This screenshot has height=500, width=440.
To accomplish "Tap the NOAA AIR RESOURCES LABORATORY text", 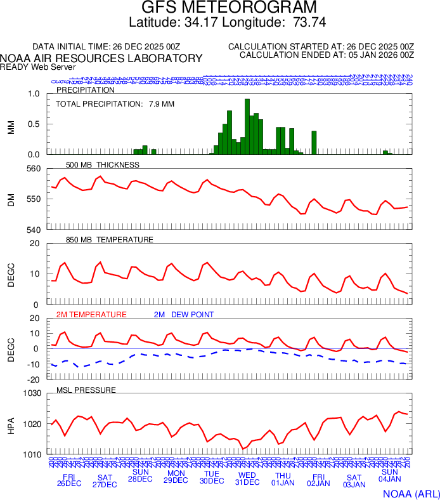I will tap(101, 58).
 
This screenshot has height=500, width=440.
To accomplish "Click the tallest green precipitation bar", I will tap(247, 127).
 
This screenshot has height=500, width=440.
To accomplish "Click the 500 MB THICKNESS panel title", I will tap(102, 165).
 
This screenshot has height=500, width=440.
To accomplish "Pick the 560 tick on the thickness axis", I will tap(33, 169).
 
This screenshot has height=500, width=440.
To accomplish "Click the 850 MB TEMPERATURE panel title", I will tap(109, 240).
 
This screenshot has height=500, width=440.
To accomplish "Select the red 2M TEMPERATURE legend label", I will tap(91, 315).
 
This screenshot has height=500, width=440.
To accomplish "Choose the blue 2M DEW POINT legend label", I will tap(183, 315).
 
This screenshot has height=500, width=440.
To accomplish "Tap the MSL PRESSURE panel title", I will tap(86, 390).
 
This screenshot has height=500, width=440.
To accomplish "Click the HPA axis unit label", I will tap(11, 424).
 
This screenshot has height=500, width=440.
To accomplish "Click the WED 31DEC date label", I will tap(247, 479).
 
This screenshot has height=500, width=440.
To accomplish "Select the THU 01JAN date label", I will tap(283, 479).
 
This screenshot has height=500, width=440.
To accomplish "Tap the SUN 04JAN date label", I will tap(389, 476).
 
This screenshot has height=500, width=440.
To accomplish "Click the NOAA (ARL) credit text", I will tap(411, 493).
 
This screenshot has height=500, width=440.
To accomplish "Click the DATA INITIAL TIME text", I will tap(107, 47).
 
